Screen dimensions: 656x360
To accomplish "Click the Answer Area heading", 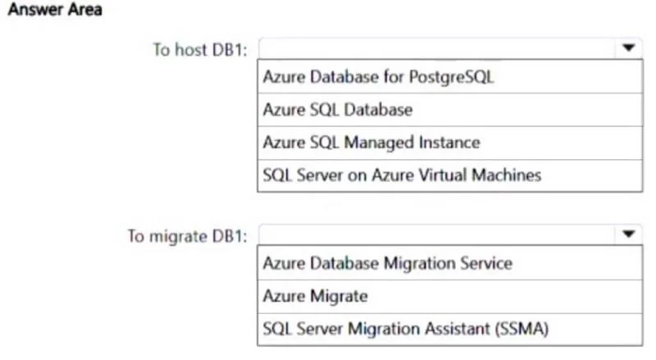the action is [55, 9].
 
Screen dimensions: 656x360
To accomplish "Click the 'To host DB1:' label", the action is [200, 50].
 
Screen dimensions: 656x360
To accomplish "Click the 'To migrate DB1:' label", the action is [188, 236].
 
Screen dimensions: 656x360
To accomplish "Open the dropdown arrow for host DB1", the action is [628, 48].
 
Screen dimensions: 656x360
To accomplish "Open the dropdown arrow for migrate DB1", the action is [628, 234].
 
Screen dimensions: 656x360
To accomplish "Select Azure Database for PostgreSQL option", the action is [378, 77].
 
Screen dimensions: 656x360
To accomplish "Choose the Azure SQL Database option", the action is [338, 110].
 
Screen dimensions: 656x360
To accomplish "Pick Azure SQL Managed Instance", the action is [371, 143].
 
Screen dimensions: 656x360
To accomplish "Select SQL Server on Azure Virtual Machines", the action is [402, 175].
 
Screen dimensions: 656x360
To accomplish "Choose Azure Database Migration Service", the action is [387, 263].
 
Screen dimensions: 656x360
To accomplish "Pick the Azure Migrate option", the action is [316, 296].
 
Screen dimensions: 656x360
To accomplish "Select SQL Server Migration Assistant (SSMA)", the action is [405, 329].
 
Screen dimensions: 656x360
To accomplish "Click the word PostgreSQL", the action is [452, 77].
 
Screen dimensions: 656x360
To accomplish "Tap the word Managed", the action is [379, 144].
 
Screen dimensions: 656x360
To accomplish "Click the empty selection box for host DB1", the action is [437, 48].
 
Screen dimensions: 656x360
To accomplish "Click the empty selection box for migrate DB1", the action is [437, 235].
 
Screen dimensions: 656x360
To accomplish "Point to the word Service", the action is [486, 263].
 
